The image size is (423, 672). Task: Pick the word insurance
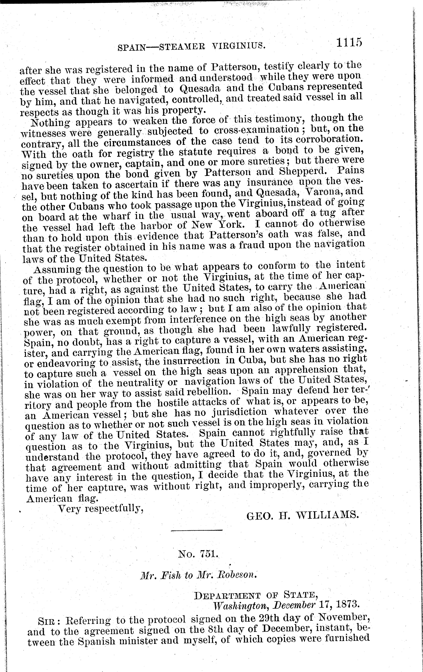(x=270, y=182)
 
